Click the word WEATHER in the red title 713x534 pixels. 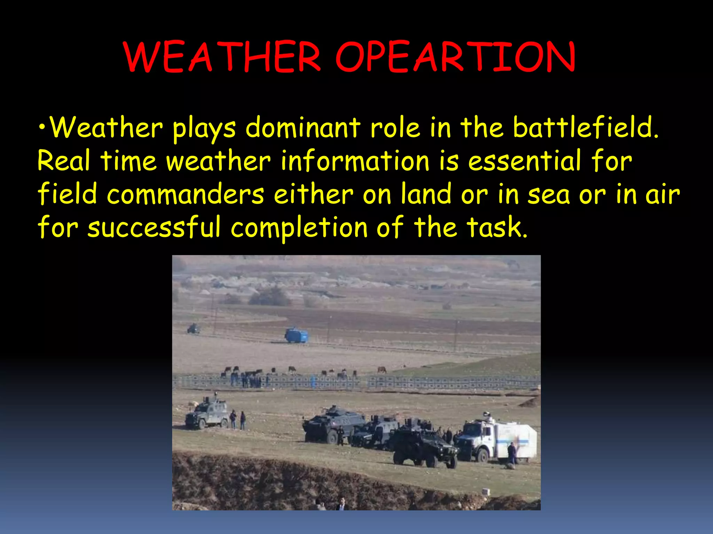click(222, 57)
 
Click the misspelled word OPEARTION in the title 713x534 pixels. click(455, 57)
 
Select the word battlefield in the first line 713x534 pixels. click(586, 128)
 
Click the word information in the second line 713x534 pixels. click(355, 161)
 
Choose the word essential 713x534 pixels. click(525, 161)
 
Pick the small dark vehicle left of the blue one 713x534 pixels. click(194, 329)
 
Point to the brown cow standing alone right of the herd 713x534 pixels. click(382, 370)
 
